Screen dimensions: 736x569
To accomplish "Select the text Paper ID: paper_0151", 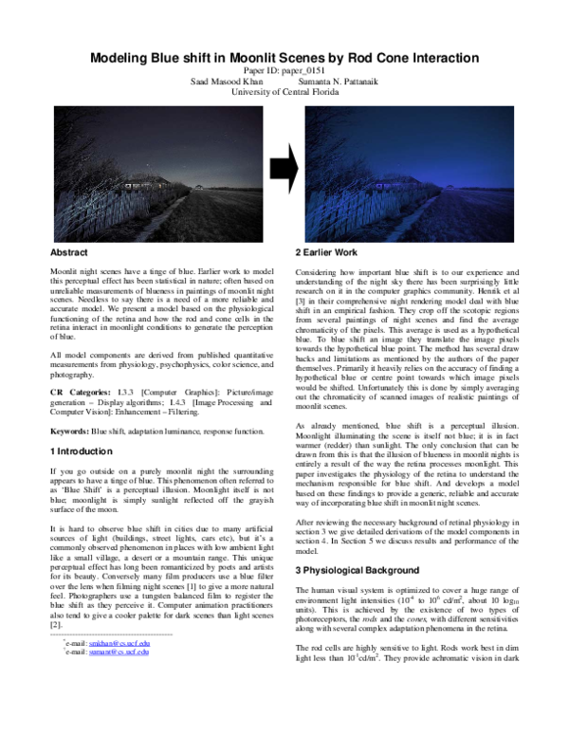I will point(284,71).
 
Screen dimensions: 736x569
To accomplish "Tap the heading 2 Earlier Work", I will point(326,253).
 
